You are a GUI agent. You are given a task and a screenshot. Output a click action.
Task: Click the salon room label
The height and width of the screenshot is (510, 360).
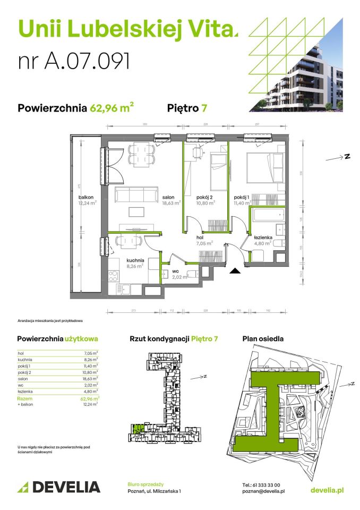click(170, 196)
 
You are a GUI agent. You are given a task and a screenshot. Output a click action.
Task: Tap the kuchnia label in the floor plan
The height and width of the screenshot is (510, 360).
click(135, 260)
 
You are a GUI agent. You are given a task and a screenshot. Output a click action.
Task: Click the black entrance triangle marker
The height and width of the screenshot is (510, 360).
click(235, 271)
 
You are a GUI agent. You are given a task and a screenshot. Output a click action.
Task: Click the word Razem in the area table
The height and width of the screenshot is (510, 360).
click(24, 398)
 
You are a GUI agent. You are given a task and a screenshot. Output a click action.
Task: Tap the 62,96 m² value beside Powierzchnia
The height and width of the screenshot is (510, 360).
click(112, 108)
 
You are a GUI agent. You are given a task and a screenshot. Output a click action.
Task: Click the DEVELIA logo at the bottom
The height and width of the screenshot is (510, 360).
click(59, 487)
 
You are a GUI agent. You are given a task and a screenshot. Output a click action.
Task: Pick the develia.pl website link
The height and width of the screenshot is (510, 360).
click(326, 490)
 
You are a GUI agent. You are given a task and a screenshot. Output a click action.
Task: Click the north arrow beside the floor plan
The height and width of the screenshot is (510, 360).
click(340, 157)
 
